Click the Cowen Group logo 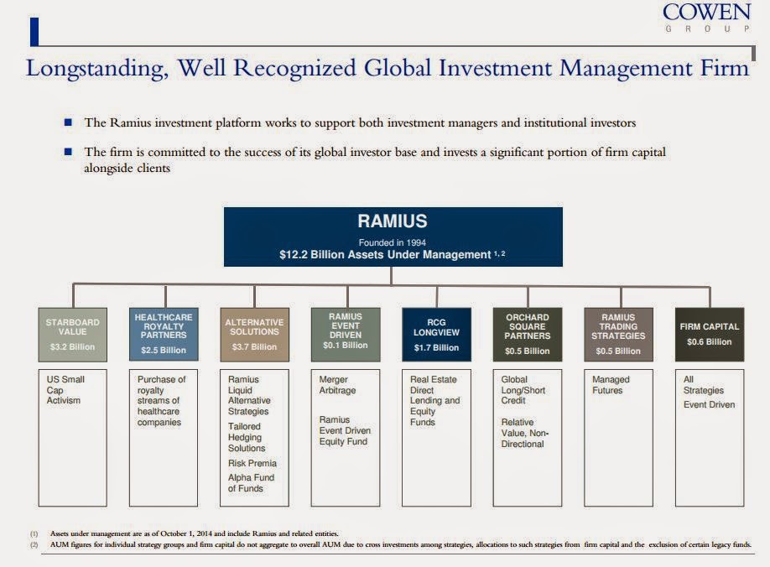(x=707, y=18)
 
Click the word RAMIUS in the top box (x=392, y=222)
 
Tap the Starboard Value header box (x=73, y=333)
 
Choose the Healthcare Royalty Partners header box (x=164, y=333)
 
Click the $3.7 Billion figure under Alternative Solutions (x=254, y=346)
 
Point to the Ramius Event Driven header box (x=345, y=333)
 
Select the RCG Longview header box (x=436, y=333)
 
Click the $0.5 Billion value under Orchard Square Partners (x=527, y=351)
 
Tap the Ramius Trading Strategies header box (x=618, y=333)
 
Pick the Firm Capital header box (x=709, y=333)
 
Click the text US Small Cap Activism (x=65, y=390)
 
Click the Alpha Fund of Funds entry (x=251, y=483)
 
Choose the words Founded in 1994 (x=392, y=242)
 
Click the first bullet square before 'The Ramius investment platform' (x=68, y=123)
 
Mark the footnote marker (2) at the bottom (x=34, y=544)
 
